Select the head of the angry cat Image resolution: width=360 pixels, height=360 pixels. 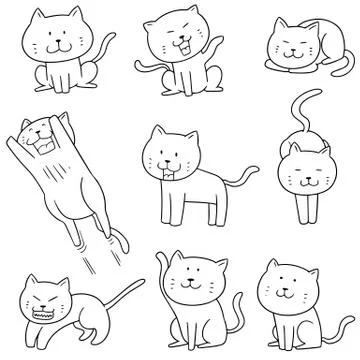(46, 291)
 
